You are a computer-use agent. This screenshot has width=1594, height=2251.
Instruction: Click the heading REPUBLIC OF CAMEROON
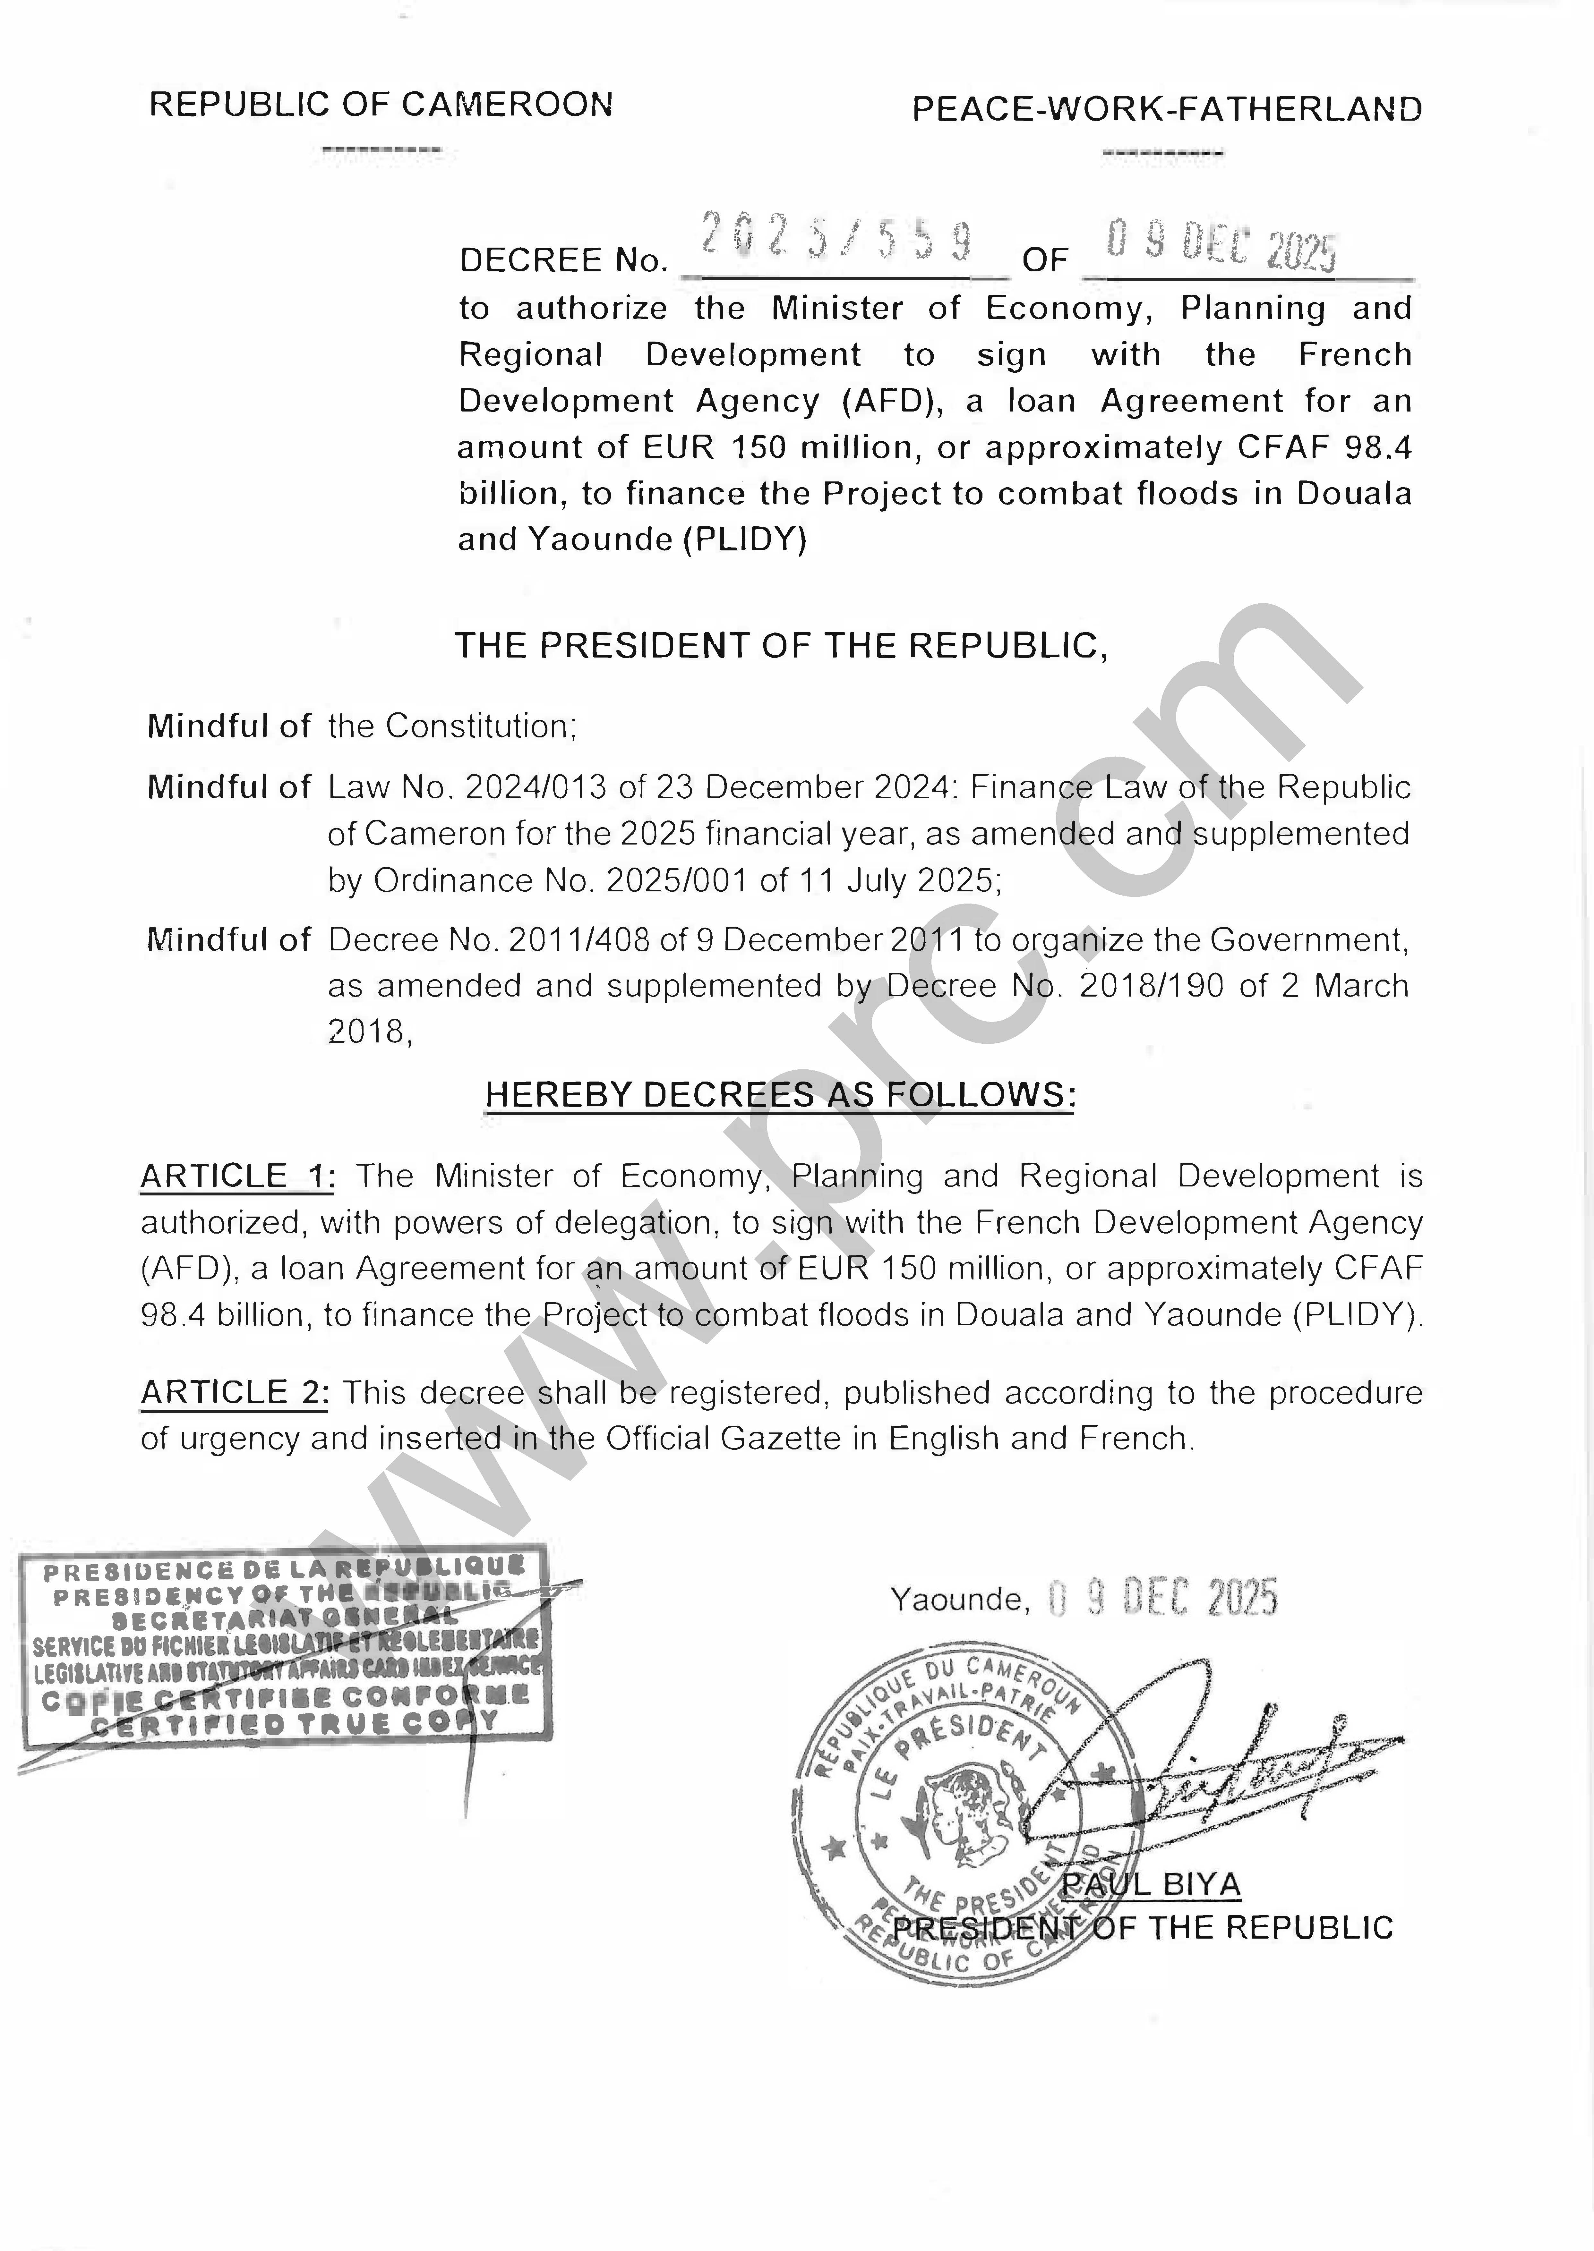click(381, 104)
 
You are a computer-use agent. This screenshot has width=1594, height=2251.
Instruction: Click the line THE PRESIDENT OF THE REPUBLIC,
click(781, 646)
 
